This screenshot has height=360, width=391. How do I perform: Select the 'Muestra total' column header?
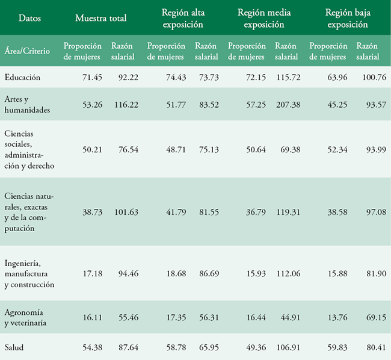101,19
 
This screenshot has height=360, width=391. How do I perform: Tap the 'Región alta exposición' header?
183,19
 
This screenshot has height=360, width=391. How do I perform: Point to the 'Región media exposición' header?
265,19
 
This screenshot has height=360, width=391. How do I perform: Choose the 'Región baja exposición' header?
346,19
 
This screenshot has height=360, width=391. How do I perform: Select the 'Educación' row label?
23,77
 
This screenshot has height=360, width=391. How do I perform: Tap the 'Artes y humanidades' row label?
27,104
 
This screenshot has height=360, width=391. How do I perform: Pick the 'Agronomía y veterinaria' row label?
26,317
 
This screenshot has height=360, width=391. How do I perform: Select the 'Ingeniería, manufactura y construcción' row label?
29,273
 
